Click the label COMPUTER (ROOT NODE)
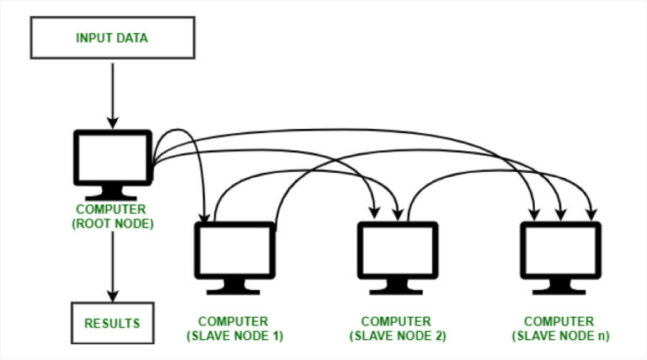113,217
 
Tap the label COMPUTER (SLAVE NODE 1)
234,329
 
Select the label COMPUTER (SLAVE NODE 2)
398,329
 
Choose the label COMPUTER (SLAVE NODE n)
560,329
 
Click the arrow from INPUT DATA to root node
113,96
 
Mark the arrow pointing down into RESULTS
113,266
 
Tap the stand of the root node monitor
111,193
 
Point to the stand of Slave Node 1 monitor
233,287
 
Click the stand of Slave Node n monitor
559,287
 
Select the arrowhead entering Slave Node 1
205,218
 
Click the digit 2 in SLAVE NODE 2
439,336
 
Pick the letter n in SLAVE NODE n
602,336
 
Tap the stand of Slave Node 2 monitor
396,287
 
